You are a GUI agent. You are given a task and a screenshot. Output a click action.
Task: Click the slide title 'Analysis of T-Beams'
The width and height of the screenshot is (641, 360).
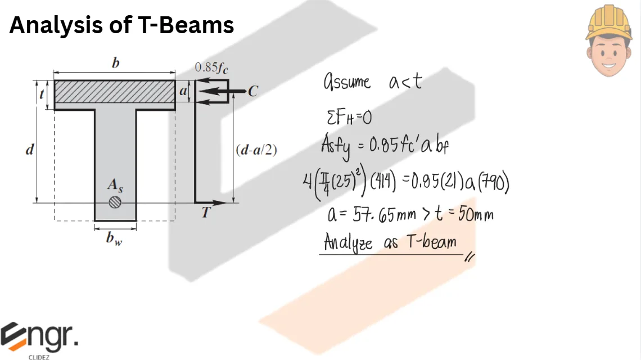[121, 26]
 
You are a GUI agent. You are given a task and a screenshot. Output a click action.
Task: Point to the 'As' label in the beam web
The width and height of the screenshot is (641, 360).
[115, 186]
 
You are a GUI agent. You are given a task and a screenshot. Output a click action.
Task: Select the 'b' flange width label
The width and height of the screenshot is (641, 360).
[115, 63]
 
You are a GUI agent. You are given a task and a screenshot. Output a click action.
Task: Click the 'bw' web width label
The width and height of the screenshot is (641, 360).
[115, 238]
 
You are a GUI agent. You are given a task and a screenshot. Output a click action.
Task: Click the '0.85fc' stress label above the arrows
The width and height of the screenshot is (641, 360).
[211, 68]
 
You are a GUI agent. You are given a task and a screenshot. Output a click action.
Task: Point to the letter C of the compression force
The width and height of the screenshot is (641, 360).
[253, 91]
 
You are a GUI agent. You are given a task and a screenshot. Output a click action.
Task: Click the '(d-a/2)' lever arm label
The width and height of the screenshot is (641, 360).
[256, 151]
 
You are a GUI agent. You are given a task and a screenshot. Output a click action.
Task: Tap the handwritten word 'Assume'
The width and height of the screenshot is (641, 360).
[347, 83]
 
